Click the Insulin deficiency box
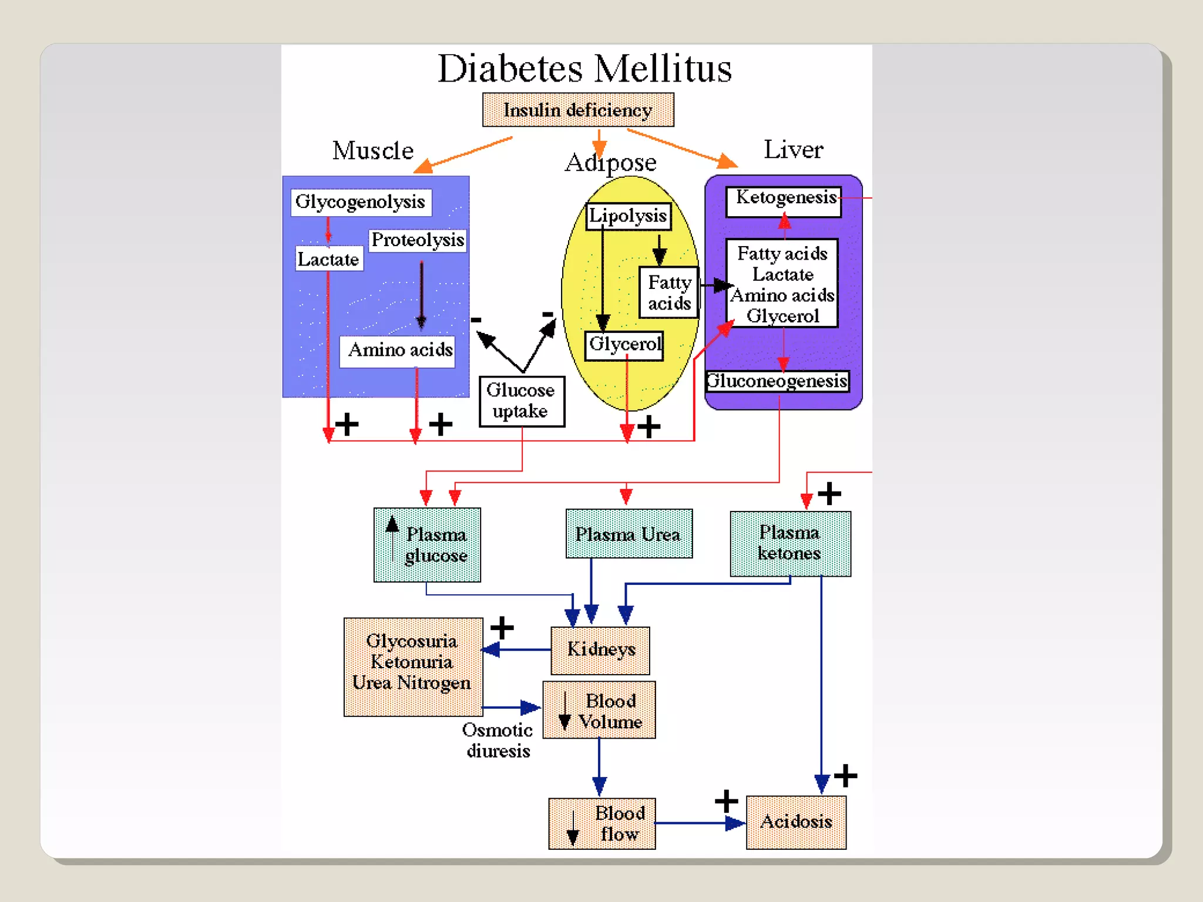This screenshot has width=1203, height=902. (x=578, y=110)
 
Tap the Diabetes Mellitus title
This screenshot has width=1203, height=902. (x=584, y=69)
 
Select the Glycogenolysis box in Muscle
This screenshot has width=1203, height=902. (x=361, y=202)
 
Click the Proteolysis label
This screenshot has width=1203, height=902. (x=418, y=240)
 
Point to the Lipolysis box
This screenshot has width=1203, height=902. (x=628, y=216)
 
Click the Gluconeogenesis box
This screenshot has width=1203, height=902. (x=777, y=381)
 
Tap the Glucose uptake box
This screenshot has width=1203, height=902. (x=521, y=401)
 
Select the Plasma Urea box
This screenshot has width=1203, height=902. (x=629, y=534)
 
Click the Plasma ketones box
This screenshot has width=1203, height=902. (x=790, y=543)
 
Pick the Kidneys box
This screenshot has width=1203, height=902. (x=600, y=650)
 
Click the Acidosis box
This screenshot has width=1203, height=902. (x=796, y=822)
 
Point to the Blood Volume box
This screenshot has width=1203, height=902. (x=599, y=710)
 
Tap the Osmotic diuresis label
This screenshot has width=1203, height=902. (x=498, y=740)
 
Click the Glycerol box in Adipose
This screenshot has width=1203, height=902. (x=624, y=344)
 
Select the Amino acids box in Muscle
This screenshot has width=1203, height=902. (x=399, y=351)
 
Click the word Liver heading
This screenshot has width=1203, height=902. (x=793, y=149)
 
